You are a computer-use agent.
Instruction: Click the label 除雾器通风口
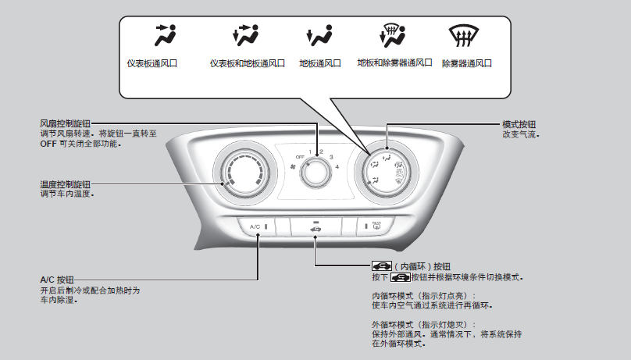click(x=466, y=63)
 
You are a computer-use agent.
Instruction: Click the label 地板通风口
click(x=320, y=63)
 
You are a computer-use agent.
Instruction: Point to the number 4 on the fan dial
click(x=337, y=167)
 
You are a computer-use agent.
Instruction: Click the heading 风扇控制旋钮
click(x=65, y=123)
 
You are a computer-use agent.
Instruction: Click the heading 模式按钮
click(x=519, y=124)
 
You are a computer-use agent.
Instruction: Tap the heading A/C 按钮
click(x=56, y=279)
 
